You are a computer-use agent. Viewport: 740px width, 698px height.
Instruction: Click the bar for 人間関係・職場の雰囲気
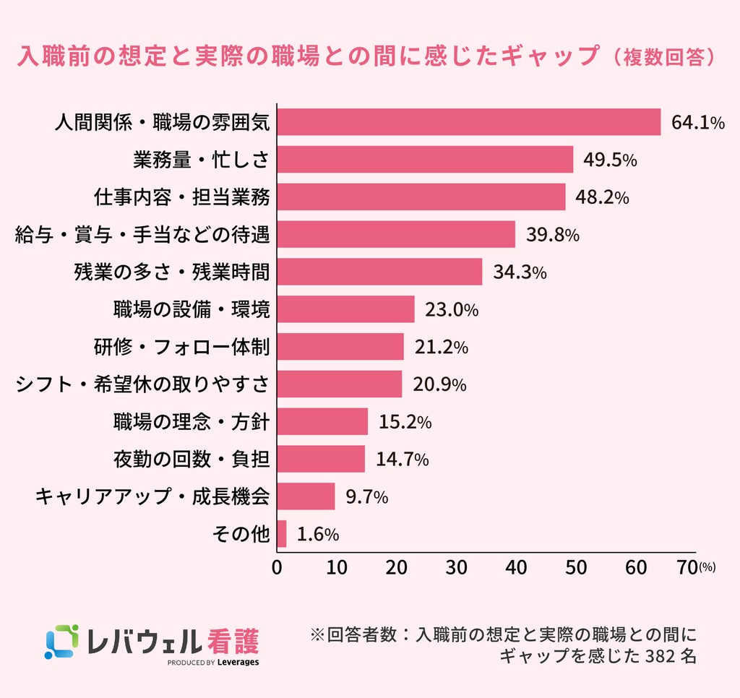(468, 122)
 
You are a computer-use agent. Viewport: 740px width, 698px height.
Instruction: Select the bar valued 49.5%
(425, 160)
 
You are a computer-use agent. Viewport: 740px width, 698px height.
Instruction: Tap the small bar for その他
(282, 534)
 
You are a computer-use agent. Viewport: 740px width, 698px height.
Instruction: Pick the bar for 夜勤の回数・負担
(321, 459)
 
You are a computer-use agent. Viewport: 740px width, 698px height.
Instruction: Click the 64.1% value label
(698, 123)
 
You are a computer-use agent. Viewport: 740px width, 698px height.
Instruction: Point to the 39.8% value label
(553, 235)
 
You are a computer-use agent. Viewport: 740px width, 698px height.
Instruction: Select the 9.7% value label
(366, 496)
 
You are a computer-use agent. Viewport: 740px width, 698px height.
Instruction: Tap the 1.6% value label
(318, 534)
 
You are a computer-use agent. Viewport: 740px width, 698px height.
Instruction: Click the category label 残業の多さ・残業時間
(172, 272)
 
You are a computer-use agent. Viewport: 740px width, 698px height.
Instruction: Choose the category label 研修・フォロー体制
(181, 348)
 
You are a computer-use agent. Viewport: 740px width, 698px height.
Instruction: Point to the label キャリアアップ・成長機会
(152, 496)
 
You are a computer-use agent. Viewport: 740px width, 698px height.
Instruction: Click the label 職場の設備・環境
(192, 309)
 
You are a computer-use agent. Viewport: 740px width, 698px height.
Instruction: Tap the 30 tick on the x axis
(456, 568)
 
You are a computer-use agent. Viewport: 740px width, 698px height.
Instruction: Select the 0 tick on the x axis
(277, 568)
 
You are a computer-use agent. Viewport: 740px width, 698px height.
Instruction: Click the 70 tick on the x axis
(687, 568)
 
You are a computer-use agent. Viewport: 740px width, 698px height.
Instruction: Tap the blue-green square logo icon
(61, 642)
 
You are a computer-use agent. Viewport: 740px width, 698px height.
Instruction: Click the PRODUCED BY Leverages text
(213, 662)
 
